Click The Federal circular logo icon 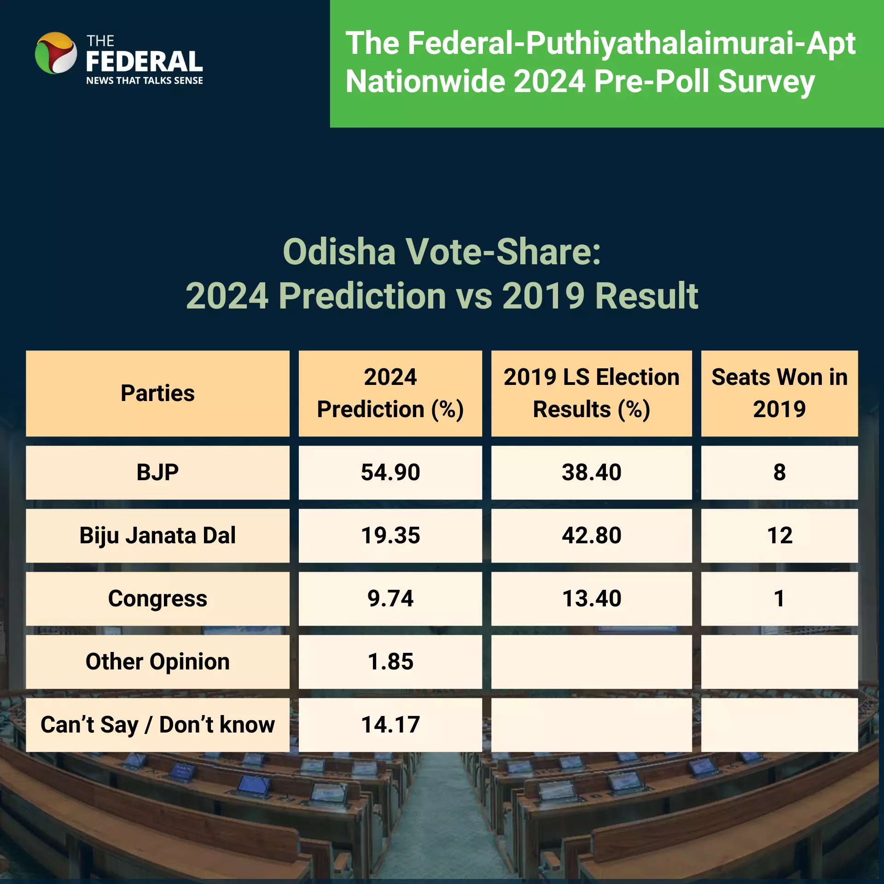[56, 53]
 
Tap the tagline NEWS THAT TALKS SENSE [145, 81]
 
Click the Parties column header [157, 393]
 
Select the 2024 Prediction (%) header [390, 393]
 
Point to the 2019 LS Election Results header [592, 393]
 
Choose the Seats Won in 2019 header [779, 393]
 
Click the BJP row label [157, 472]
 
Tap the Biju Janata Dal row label [157, 535]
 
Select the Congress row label [157, 599]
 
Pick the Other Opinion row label [157, 662]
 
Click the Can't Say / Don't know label [157, 725]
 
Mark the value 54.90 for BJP [390, 472]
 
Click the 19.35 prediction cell [390, 535]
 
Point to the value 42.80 [592, 535]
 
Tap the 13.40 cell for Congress [592, 599]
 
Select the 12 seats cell [779, 535]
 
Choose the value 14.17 [390, 725]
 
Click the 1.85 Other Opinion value [390, 662]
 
